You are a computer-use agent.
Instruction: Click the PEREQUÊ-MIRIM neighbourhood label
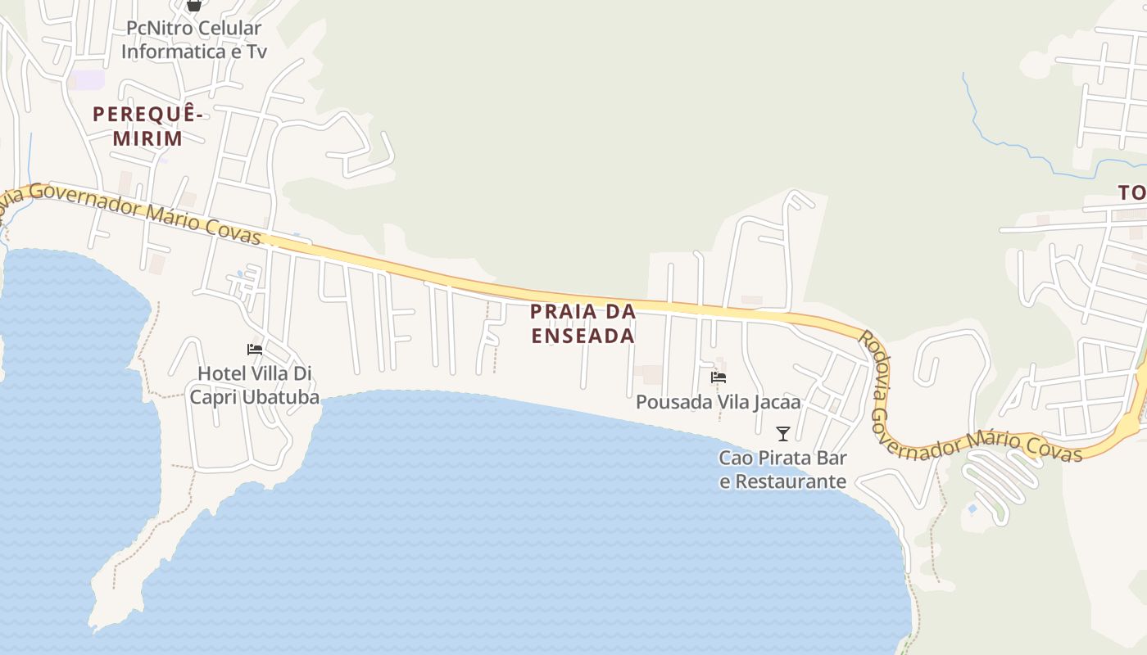click(x=148, y=125)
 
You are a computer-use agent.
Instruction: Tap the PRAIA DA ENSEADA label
click(x=583, y=323)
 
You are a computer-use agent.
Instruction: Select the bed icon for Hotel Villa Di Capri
click(x=255, y=350)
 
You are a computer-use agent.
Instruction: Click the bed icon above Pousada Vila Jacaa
click(x=719, y=377)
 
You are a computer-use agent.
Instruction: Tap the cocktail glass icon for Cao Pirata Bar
click(x=783, y=433)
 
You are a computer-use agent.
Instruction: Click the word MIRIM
click(x=148, y=138)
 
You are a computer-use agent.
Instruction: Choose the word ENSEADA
click(x=583, y=336)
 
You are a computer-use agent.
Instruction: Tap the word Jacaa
click(x=773, y=403)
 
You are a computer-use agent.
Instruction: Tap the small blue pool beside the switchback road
click(x=972, y=509)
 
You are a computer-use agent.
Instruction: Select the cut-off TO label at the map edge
click(x=1132, y=193)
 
